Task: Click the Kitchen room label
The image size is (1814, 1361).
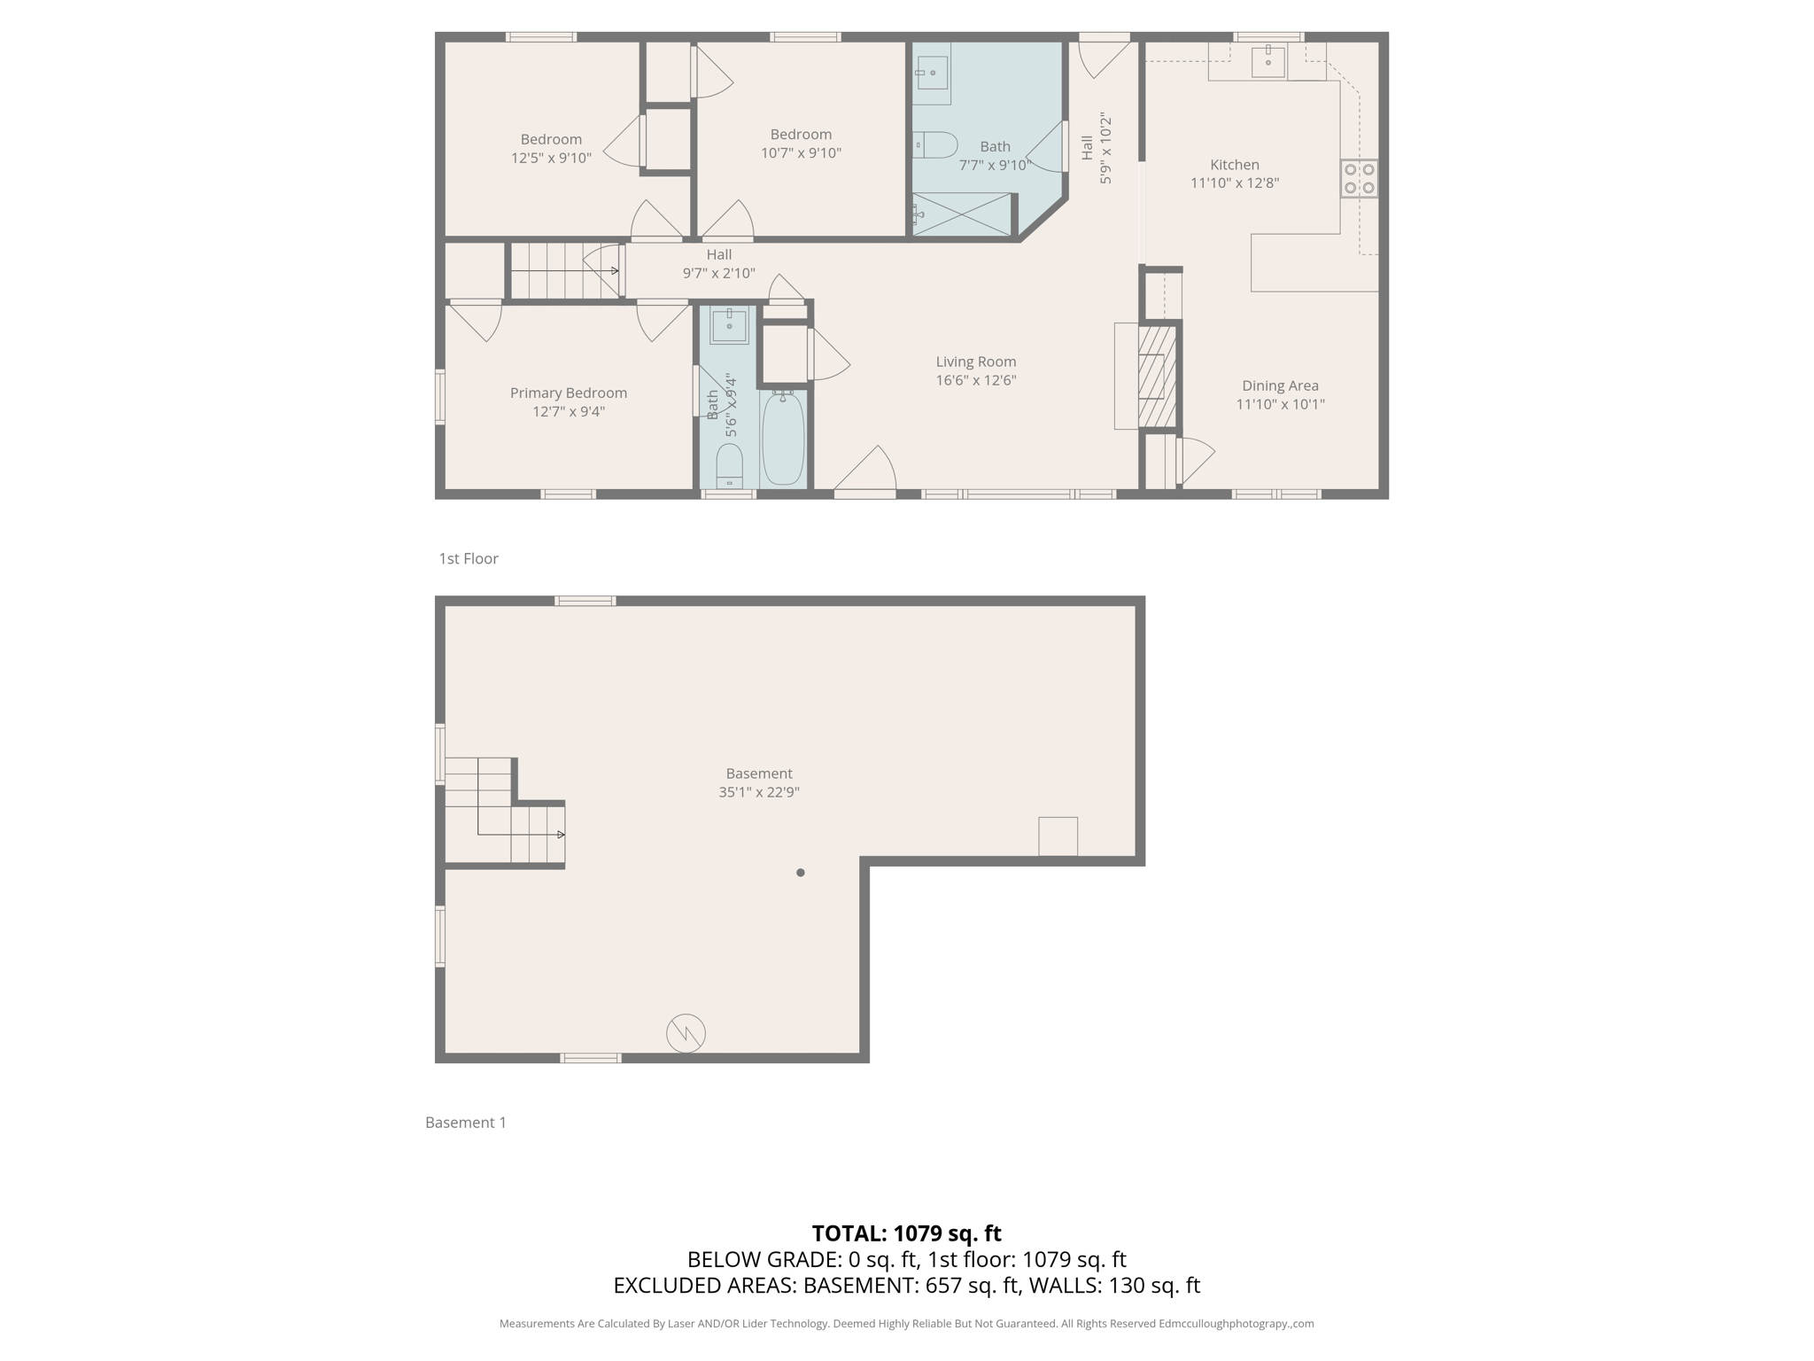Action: pos(1234,165)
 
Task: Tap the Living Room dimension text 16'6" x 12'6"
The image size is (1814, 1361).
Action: pos(975,380)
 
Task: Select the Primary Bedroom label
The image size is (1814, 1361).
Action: pos(568,393)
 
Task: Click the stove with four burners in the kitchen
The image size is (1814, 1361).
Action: pos(1359,178)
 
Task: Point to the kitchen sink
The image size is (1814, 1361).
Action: pos(1268,62)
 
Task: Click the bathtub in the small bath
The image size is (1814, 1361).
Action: pos(783,438)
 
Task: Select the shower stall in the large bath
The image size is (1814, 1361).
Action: pos(962,214)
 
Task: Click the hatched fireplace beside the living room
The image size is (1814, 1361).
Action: pos(1156,377)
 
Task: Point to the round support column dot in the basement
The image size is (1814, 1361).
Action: pos(801,873)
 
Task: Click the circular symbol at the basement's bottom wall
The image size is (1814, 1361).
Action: pos(686,1033)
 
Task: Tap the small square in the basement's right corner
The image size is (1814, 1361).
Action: pos(1058,836)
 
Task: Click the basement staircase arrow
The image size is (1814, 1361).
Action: pos(560,835)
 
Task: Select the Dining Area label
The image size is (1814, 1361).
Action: pos(1280,385)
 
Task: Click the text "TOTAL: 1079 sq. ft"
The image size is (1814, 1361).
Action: pos(906,1233)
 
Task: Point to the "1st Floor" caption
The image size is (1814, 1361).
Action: pos(469,558)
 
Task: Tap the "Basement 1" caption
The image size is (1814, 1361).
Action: pos(466,1123)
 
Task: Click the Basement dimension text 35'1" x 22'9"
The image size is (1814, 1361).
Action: pos(759,792)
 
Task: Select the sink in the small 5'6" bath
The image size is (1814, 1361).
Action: pos(729,325)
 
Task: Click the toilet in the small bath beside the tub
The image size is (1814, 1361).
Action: pos(729,464)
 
